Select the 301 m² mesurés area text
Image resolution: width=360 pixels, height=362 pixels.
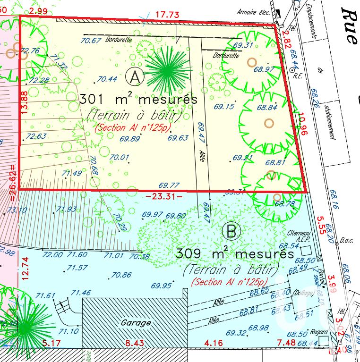pyautogui.click(x=131, y=100)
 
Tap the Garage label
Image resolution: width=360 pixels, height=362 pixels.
pyautogui.click(x=136, y=323)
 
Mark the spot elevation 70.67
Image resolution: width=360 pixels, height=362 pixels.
pyautogui.click(x=91, y=41)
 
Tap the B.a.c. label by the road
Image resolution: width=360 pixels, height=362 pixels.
pyautogui.click(x=347, y=241)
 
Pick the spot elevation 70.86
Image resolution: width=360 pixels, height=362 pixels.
pyautogui.click(x=121, y=275)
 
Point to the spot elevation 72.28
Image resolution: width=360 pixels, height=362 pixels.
pyautogui.click(x=39, y=81)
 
